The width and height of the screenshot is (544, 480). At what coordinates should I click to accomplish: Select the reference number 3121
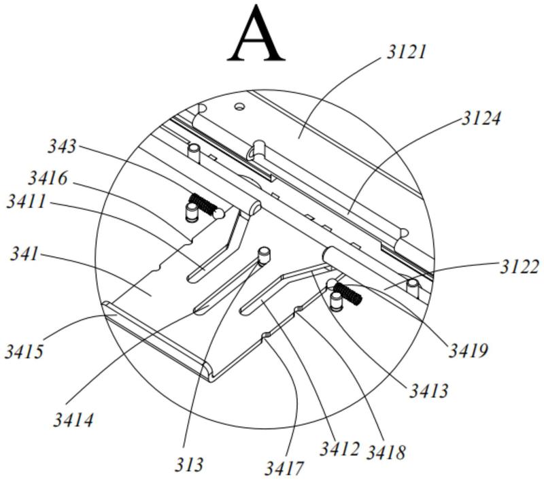click(x=407, y=52)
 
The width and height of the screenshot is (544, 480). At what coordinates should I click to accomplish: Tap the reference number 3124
click(x=481, y=118)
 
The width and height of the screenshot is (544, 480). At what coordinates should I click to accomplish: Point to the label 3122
click(x=520, y=267)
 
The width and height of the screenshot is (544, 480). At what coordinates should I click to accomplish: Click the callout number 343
click(x=62, y=145)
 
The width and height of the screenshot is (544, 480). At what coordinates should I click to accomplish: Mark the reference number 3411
click(x=27, y=201)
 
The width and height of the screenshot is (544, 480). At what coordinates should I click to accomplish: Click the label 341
click(x=24, y=254)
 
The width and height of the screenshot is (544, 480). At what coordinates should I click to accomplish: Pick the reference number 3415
click(x=24, y=352)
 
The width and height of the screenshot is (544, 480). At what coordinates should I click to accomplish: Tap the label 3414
click(x=73, y=419)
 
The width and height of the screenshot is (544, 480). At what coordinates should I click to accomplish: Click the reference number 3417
click(x=284, y=468)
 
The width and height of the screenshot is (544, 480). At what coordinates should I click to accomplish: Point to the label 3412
click(x=339, y=448)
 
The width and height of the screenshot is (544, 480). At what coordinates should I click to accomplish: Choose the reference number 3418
click(x=386, y=451)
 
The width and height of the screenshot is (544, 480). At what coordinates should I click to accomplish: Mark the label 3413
click(x=428, y=390)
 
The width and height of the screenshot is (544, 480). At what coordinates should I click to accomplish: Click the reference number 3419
click(x=468, y=351)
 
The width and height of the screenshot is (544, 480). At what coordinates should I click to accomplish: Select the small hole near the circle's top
click(x=239, y=106)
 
